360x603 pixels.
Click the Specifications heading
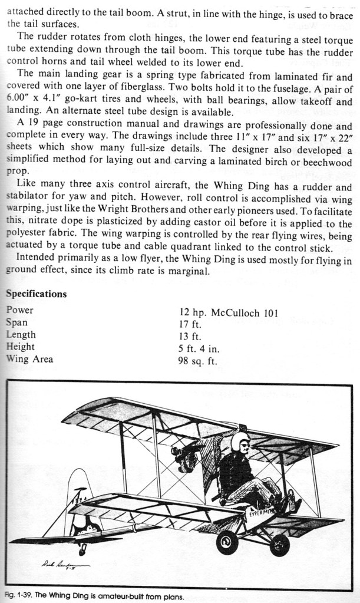(x=36, y=294)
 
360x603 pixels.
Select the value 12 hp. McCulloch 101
(x=228, y=313)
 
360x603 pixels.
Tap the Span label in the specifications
(x=16, y=322)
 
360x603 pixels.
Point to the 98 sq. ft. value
(x=197, y=361)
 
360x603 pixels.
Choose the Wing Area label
(x=29, y=359)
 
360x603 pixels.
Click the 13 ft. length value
(x=190, y=337)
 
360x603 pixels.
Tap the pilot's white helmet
(x=240, y=441)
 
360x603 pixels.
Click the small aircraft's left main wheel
(x=227, y=542)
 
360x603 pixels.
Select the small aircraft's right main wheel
(x=279, y=545)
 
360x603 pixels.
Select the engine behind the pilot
(x=186, y=457)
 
